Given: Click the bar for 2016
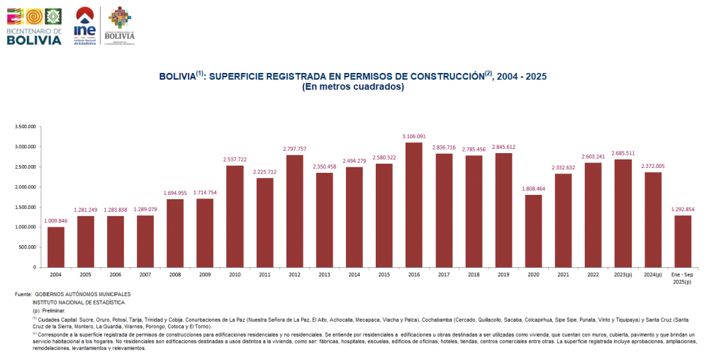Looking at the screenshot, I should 414,205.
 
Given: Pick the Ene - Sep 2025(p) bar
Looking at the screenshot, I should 683,241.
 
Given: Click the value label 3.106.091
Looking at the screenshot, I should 414,136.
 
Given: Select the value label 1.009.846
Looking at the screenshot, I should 56,220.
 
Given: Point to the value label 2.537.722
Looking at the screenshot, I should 235,159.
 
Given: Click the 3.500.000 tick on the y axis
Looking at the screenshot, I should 25,127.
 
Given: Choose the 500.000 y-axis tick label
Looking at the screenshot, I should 28,247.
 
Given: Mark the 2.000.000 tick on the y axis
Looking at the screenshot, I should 25,187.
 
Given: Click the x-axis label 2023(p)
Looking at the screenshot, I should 622,274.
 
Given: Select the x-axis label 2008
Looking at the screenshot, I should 175,274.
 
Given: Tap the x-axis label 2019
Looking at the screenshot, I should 503,274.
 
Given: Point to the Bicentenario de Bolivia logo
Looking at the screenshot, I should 34,26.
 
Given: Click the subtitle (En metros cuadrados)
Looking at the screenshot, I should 353,87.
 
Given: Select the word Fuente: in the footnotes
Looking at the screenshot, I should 23,294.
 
